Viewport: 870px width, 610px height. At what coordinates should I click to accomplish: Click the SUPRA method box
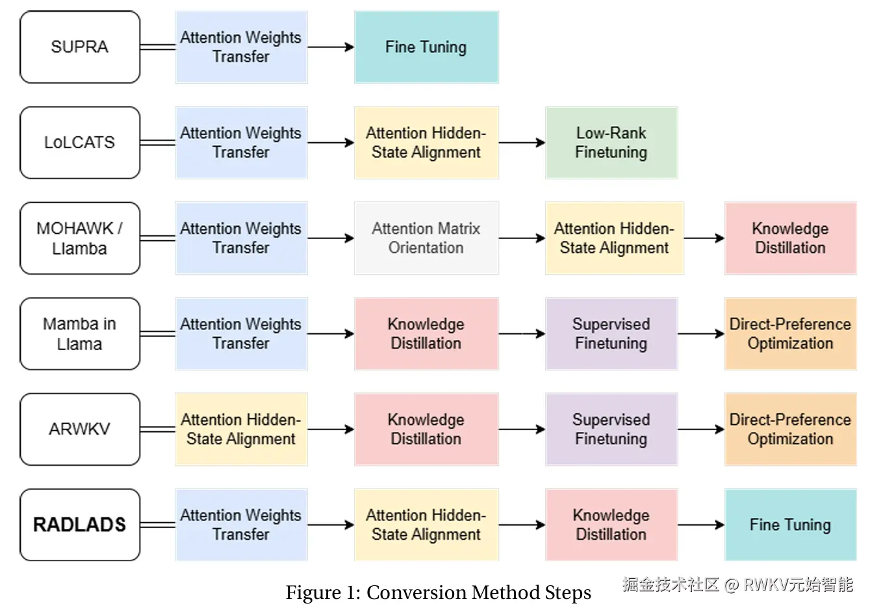point(80,47)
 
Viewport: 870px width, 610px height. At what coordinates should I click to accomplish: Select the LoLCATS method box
point(80,142)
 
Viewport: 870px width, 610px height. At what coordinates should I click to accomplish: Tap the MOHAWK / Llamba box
point(80,238)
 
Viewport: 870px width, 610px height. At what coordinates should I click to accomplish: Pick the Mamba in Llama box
point(80,333)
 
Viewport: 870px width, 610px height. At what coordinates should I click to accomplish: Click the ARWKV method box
point(80,429)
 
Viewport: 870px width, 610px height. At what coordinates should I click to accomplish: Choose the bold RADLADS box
point(80,524)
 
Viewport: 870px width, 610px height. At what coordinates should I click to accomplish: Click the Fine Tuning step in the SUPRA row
point(426,47)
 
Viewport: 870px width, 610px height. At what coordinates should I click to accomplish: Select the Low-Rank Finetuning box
point(611,142)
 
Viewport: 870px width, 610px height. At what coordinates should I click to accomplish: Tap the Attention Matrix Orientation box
point(426,238)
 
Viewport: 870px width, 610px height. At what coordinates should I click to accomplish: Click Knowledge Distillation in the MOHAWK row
point(790,238)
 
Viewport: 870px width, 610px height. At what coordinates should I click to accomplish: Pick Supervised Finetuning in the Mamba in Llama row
point(611,333)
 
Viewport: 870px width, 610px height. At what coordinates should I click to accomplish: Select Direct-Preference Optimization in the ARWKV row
point(790,429)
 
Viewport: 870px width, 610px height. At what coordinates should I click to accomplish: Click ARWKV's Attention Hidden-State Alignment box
point(241,429)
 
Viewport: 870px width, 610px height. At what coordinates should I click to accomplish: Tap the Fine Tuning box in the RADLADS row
point(790,524)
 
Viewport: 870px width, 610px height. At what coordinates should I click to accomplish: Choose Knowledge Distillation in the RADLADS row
point(611,524)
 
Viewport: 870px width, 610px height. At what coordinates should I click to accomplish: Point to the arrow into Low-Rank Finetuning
point(522,142)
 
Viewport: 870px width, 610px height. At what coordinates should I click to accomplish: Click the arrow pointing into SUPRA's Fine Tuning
point(331,47)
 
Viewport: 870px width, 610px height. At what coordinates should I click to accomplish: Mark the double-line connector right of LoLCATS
point(158,142)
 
